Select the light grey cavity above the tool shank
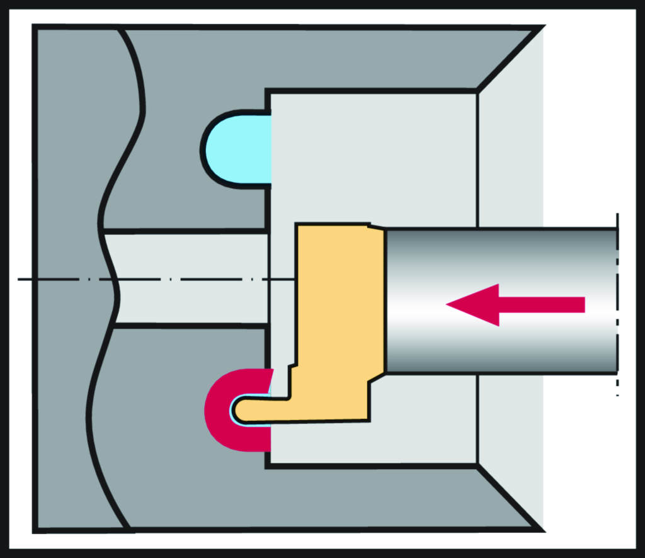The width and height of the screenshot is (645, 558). [372, 157]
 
